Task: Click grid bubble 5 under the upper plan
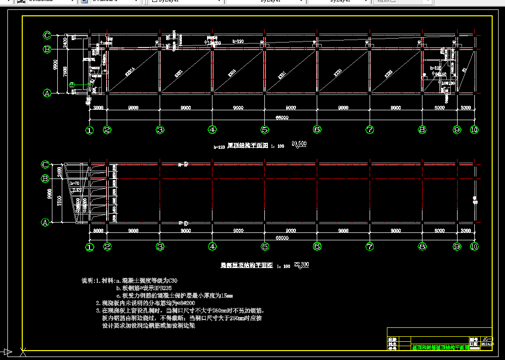pyautogui.click(x=265, y=130)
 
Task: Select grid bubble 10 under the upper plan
pyautogui.click(x=474, y=130)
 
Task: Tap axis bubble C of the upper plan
pyautogui.click(x=47, y=35)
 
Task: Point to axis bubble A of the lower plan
pyautogui.click(x=45, y=223)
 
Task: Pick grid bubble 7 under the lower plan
pyautogui.click(x=370, y=246)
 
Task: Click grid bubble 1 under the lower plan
pyautogui.click(x=89, y=246)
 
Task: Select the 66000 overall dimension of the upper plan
pyautogui.click(x=282, y=118)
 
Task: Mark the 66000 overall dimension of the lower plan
pyautogui.click(x=282, y=238)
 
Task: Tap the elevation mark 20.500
pyautogui.click(x=299, y=144)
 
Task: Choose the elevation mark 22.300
pyautogui.click(x=301, y=265)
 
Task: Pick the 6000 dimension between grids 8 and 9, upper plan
pyautogui.click(x=439, y=107)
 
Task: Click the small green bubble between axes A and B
pyautogui.click(x=72, y=85)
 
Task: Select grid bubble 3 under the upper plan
pyautogui.click(x=160, y=130)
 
